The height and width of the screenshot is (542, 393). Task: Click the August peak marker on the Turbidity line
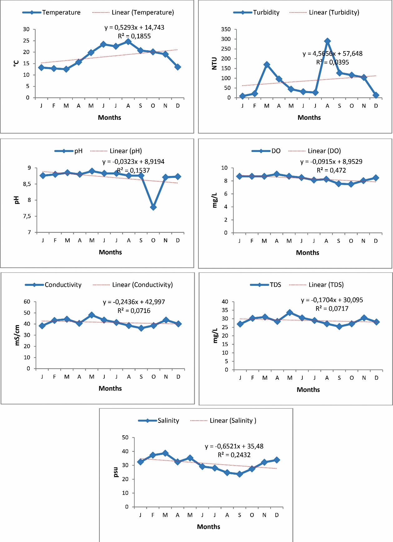tap(327, 41)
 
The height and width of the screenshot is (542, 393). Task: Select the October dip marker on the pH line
tap(153, 207)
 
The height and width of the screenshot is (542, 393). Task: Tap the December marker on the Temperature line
tap(178, 67)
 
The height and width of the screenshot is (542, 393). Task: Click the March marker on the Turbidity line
tap(267, 65)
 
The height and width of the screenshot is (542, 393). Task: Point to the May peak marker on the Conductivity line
tap(92, 315)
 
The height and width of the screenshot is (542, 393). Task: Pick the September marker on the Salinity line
tap(240, 474)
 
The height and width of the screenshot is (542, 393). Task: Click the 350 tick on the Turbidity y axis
tap(226, 29)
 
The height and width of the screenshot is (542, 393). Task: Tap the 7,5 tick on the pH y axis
tap(27, 216)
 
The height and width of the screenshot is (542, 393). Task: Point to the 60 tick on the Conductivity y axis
tap(27, 302)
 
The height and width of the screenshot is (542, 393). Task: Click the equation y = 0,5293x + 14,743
tap(134, 27)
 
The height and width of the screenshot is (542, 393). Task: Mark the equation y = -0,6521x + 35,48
tap(234, 446)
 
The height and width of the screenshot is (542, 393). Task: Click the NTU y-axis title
tap(214, 63)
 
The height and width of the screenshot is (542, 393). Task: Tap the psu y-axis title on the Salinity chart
tap(116, 472)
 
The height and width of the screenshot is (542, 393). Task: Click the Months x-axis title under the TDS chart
tap(308, 389)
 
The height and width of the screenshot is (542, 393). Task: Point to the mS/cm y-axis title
tap(17, 335)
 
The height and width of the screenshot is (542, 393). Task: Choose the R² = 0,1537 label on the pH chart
tap(133, 170)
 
